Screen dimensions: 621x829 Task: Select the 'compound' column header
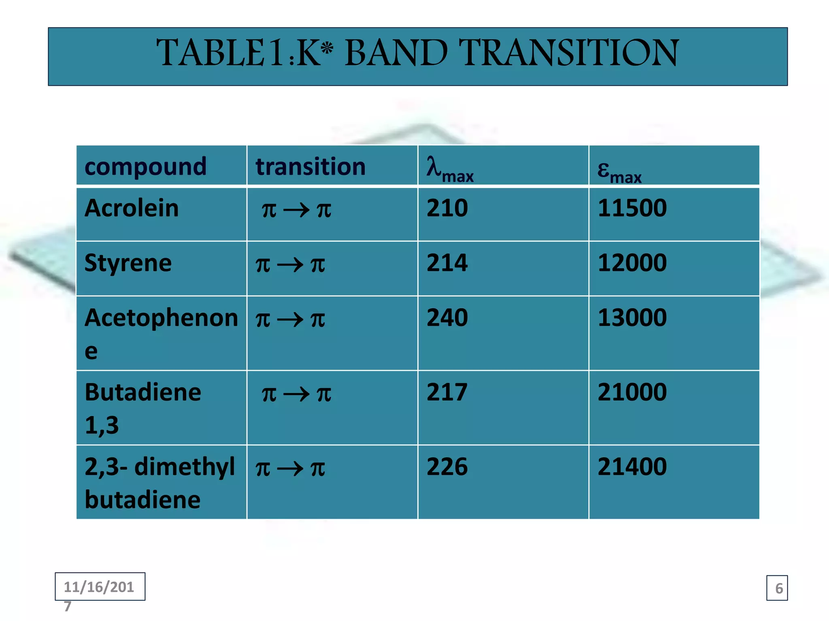[x=145, y=166]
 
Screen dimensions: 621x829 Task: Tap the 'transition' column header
[x=310, y=166]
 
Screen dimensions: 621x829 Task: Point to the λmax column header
[x=450, y=169]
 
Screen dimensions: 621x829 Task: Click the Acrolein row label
[x=132, y=208]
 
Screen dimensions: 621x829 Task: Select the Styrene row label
[x=128, y=263]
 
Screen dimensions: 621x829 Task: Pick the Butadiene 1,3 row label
[x=142, y=408]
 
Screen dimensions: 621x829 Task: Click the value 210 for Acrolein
[x=447, y=208]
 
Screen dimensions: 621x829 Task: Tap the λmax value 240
[x=447, y=318]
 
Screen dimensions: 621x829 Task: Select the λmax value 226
[x=447, y=467]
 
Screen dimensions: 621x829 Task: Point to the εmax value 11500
[x=632, y=208]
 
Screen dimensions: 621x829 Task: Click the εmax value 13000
[x=632, y=318]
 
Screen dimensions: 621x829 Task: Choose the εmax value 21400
[x=632, y=467]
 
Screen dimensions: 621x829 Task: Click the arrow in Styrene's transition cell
[x=290, y=265]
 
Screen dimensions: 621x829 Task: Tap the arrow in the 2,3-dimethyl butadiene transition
[x=290, y=469]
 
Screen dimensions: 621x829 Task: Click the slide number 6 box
[x=777, y=588]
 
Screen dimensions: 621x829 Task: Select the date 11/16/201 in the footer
[x=99, y=587]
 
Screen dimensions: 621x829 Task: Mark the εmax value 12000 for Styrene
[x=632, y=263]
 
